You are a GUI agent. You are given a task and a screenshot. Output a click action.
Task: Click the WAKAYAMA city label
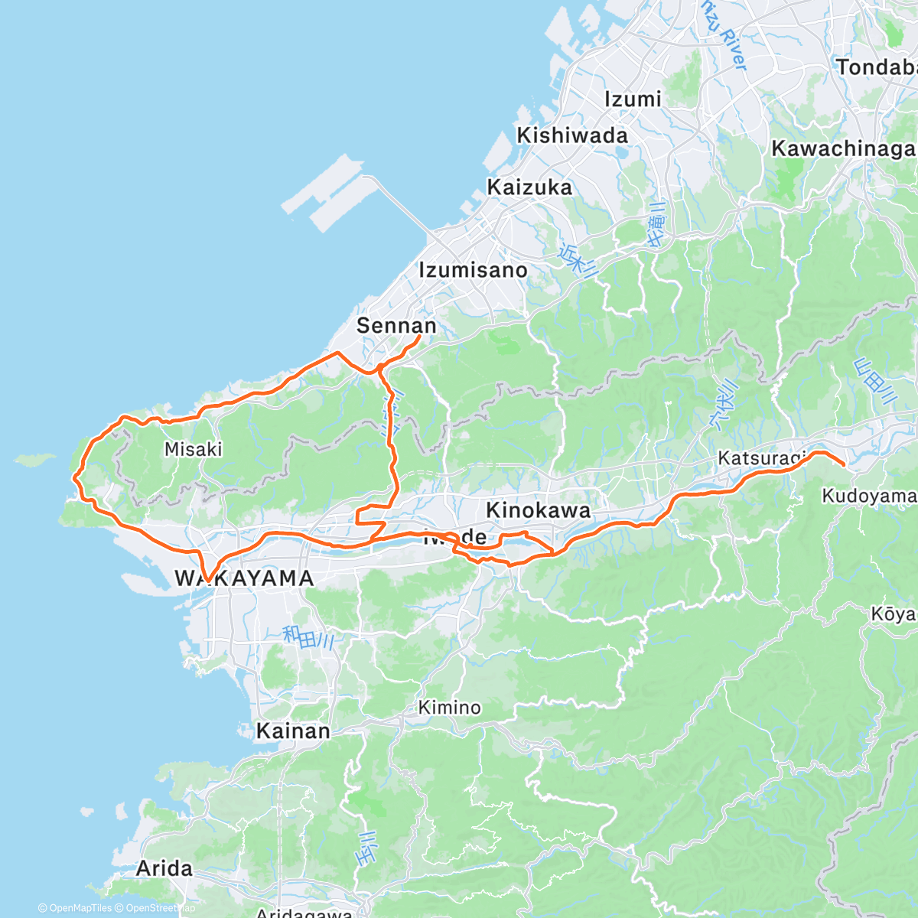point(244,578)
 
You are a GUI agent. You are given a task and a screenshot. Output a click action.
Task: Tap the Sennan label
point(396,326)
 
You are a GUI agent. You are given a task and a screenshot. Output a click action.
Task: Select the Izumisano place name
point(473,270)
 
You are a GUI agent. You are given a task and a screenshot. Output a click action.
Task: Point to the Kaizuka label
point(529,187)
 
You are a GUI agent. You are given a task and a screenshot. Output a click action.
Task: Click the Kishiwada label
point(572,135)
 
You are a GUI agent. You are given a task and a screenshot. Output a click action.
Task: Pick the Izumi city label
point(633,99)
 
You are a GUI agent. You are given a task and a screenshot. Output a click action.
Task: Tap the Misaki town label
point(194,449)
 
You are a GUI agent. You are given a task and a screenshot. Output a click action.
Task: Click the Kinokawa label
point(538,510)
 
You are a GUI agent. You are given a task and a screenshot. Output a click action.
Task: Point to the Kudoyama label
point(868,496)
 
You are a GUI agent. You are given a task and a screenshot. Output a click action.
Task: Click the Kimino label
point(450,708)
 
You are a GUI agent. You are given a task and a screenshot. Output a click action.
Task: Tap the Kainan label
point(293,731)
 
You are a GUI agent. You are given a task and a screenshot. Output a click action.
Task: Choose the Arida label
point(164,869)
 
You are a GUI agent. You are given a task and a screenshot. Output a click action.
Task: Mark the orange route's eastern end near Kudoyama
point(843,464)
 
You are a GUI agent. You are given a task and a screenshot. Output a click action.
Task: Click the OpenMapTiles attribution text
point(75,908)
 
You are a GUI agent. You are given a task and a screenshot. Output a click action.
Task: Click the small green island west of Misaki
point(35,461)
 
